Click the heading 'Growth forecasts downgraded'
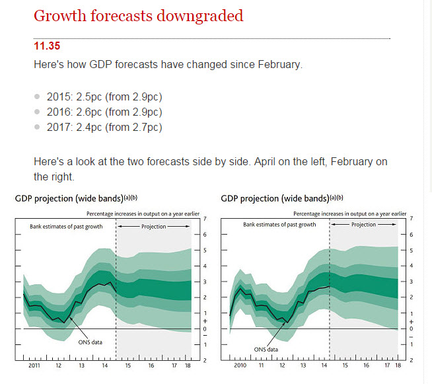click(138, 15)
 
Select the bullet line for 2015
click(104, 96)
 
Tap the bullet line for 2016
click(104, 112)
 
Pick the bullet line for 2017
click(104, 127)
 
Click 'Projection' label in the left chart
click(156, 226)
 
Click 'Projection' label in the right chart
click(363, 225)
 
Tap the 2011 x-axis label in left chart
click(34, 365)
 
